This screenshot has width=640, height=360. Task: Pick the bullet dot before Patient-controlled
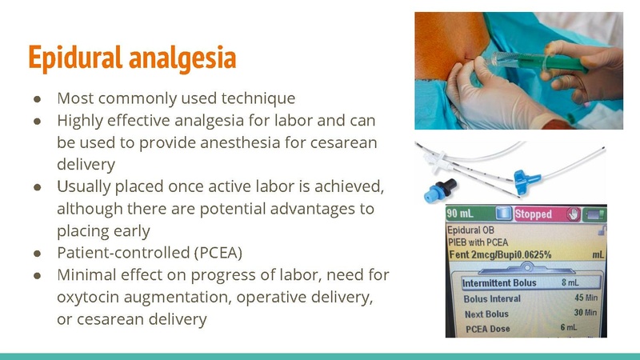click(x=38, y=252)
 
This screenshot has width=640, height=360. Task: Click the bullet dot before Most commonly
click(x=38, y=98)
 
